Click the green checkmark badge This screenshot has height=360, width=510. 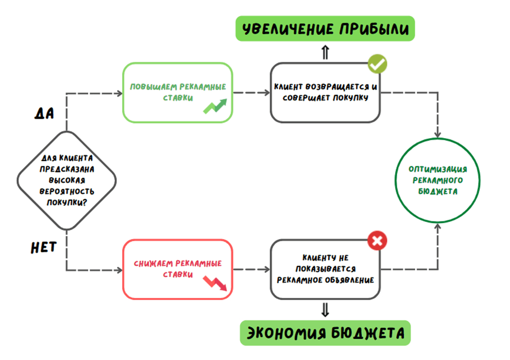(378, 64)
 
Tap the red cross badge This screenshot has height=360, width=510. (377, 240)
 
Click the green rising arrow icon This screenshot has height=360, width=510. (215, 106)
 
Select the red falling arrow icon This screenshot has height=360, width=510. (215, 283)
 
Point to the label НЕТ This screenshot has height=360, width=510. (43, 248)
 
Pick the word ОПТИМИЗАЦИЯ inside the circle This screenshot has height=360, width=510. (438, 169)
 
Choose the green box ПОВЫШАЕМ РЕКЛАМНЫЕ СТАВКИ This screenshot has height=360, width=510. (177, 93)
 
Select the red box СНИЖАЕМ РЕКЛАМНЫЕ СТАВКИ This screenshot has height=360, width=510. (177, 268)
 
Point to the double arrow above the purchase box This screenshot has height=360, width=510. (325, 52)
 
